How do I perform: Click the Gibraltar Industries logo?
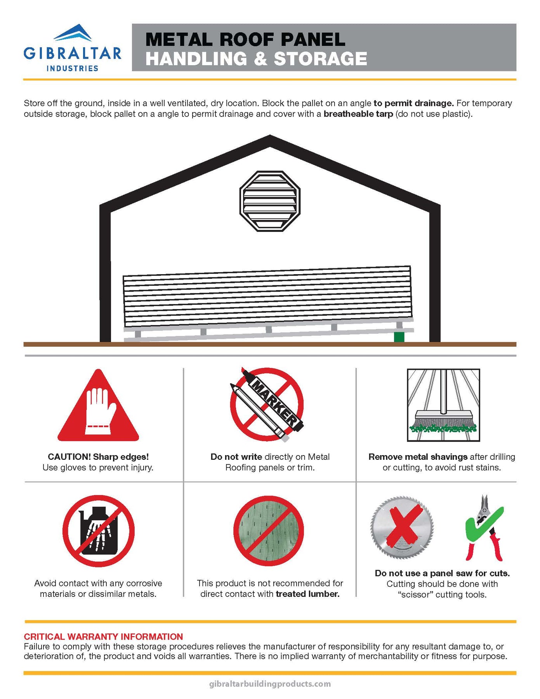(x=72, y=48)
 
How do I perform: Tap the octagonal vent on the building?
(x=270, y=201)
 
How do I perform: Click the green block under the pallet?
(x=399, y=337)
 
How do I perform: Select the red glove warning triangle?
(x=98, y=405)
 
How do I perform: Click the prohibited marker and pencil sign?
(x=267, y=404)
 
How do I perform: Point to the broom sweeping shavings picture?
(x=443, y=405)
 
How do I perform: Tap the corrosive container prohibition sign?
(x=99, y=531)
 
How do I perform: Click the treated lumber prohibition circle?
(x=269, y=530)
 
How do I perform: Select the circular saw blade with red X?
(x=402, y=528)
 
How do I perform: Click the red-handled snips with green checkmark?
(x=484, y=528)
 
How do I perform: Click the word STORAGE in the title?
(x=320, y=59)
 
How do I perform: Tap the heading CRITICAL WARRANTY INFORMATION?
(x=103, y=636)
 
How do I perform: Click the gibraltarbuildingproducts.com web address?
(x=270, y=683)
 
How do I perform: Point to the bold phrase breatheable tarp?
(x=358, y=114)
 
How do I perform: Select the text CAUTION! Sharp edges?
(x=98, y=457)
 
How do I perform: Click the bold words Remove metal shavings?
(x=418, y=457)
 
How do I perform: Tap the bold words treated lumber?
(x=308, y=594)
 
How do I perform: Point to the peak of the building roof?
(x=270, y=136)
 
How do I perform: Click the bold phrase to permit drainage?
(x=413, y=103)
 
